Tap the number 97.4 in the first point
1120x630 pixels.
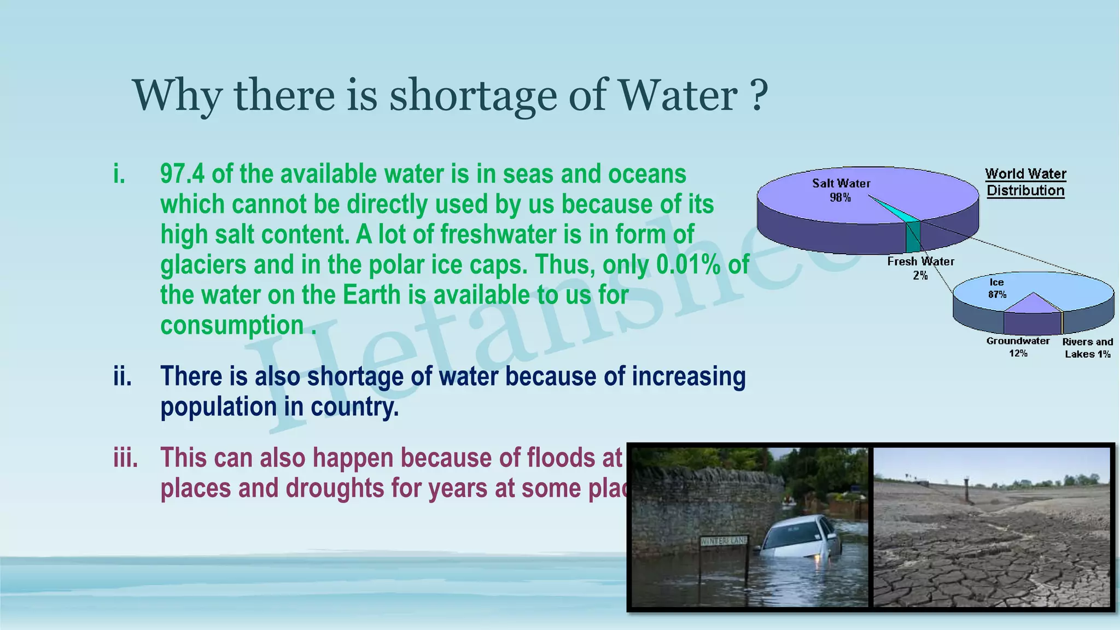[x=182, y=174]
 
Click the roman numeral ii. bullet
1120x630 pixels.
[x=122, y=377]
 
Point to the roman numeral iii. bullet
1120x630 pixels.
[x=125, y=458]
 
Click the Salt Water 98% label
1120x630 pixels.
[x=841, y=190]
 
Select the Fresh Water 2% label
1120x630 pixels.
[x=920, y=268]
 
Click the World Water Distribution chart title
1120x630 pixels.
[x=1025, y=182]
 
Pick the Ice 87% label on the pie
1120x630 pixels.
[x=997, y=288]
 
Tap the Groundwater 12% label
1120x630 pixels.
[x=1018, y=347]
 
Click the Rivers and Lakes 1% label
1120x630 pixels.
[x=1087, y=347]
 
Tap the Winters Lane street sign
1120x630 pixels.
[x=723, y=541]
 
